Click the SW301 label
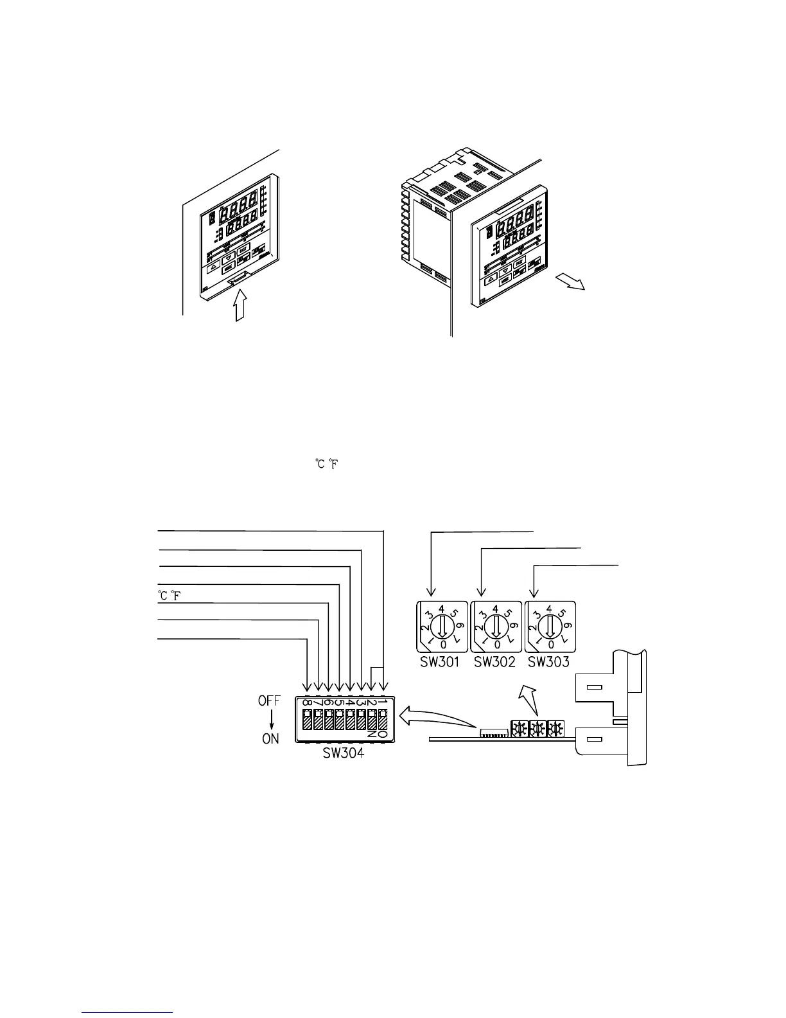(441, 662)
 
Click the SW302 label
(494, 662)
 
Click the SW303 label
(548, 662)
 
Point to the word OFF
(270, 701)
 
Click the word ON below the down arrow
(270, 739)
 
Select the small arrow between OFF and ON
(271, 720)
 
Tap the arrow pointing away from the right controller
(570, 282)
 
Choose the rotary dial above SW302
(495, 626)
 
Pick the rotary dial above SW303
(549, 626)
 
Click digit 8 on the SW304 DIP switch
(308, 702)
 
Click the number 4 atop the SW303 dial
(549, 607)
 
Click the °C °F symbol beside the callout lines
(169, 595)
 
